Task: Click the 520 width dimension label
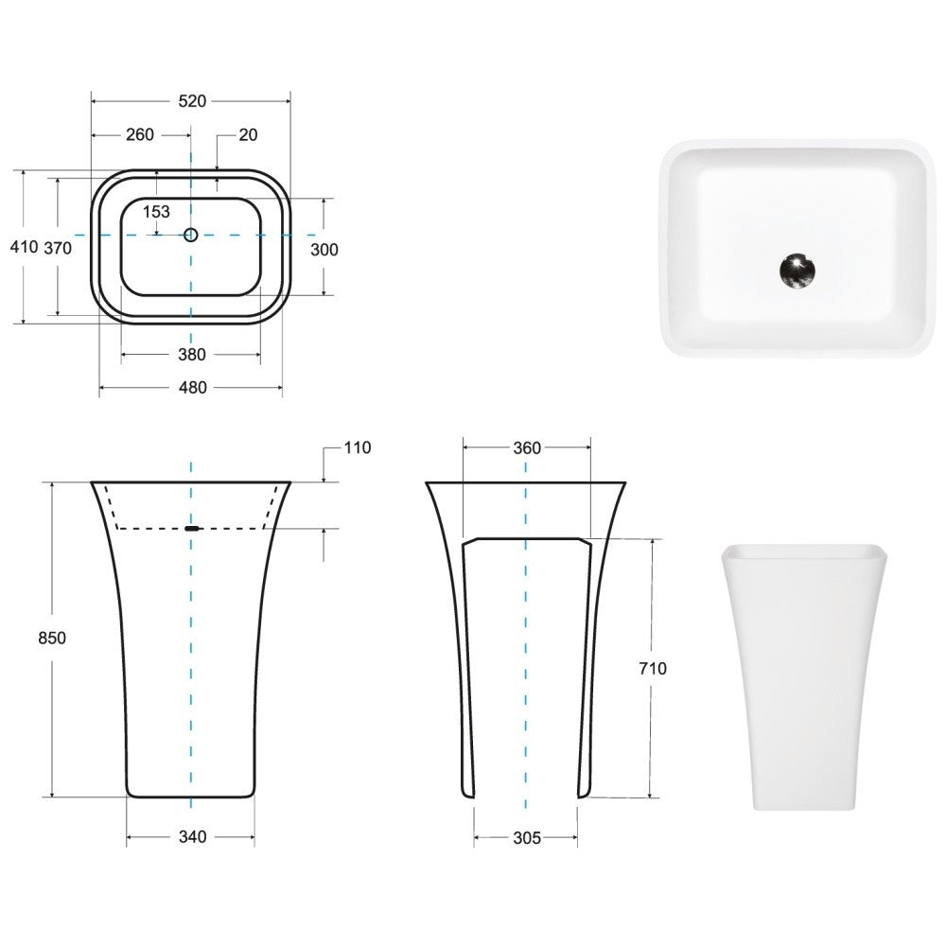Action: pos(192,101)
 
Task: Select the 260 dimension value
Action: pos(140,134)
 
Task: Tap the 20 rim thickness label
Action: pos(248,135)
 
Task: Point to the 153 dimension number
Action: pos(156,212)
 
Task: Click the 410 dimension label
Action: pos(25,247)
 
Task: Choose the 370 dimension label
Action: pos(58,248)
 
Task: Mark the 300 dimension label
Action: pos(324,249)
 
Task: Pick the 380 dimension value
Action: pos(192,355)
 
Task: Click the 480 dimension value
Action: pos(193,387)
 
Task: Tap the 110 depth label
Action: pos(358,447)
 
